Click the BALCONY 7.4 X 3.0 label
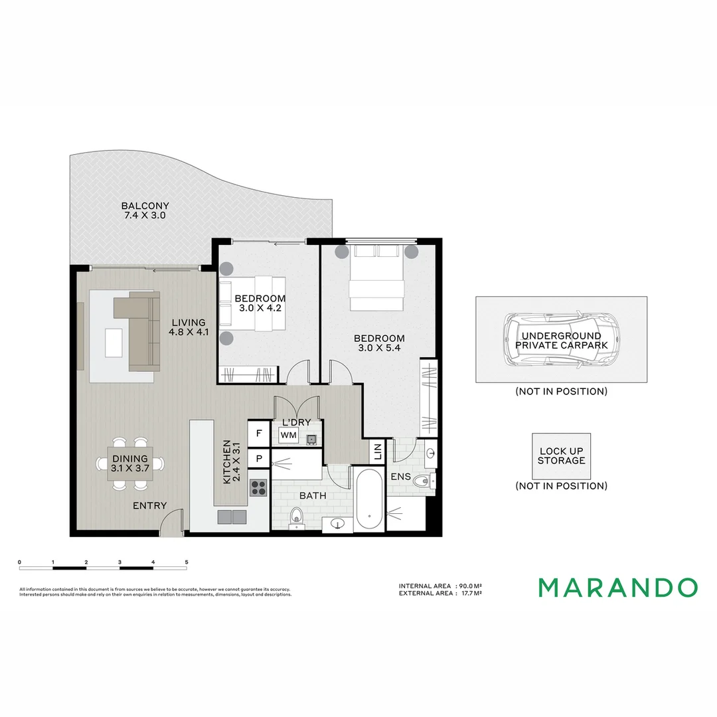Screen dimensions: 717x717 145,210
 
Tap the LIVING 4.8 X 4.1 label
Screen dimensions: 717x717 189,328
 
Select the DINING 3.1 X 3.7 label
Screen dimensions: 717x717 131,463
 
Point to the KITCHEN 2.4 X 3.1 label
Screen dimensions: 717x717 231,461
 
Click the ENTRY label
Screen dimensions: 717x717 149,506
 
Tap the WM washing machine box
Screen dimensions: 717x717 288,435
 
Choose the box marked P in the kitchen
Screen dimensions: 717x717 258,459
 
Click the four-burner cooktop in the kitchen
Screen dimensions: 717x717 258,488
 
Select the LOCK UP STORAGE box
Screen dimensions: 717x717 561,456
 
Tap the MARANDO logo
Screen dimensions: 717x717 617,588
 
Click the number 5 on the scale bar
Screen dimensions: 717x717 187,562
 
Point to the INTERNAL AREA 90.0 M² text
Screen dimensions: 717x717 439,586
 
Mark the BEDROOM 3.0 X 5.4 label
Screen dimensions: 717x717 378,343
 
